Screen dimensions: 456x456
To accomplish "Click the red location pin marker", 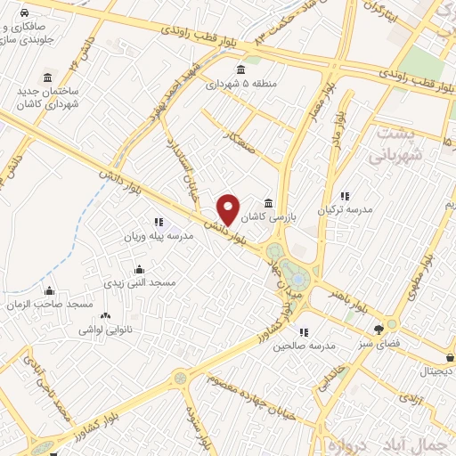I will pos(229,209).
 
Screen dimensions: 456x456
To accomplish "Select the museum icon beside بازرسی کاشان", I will pos(269,203).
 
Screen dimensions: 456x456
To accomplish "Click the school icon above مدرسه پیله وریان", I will pos(159,222).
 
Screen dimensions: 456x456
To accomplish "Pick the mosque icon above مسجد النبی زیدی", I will pos(138,269).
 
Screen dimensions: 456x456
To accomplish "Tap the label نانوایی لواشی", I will pos(106,329).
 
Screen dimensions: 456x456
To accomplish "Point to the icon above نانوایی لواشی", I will pos(106,315).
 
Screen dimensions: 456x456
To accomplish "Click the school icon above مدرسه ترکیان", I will pos(346,197).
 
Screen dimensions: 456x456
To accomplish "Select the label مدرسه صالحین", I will pos(304,345).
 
